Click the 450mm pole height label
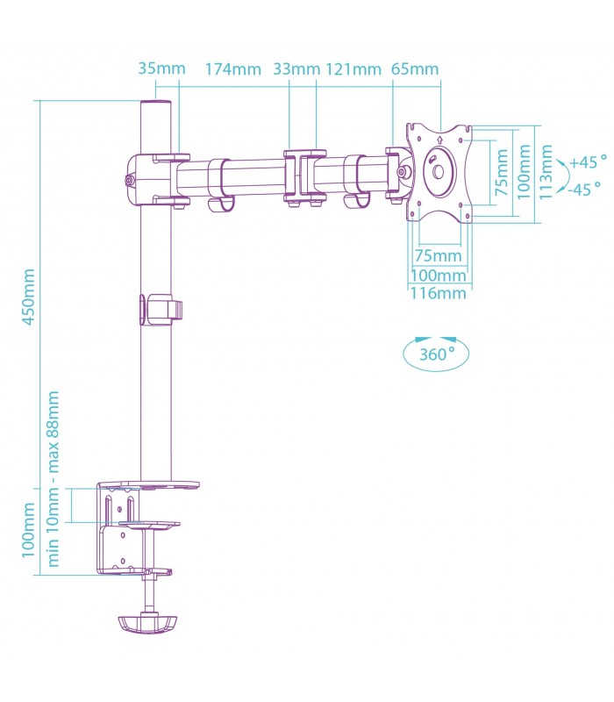tap(28, 297)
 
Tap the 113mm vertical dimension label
tap(546, 173)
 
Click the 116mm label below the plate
tap(438, 293)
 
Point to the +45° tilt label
tap(587, 162)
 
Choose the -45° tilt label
tap(585, 187)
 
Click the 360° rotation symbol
tap(436, 354)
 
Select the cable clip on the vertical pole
tap(159, 310)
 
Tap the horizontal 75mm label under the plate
tap(438, 255)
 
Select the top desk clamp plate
tap(148, 484)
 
